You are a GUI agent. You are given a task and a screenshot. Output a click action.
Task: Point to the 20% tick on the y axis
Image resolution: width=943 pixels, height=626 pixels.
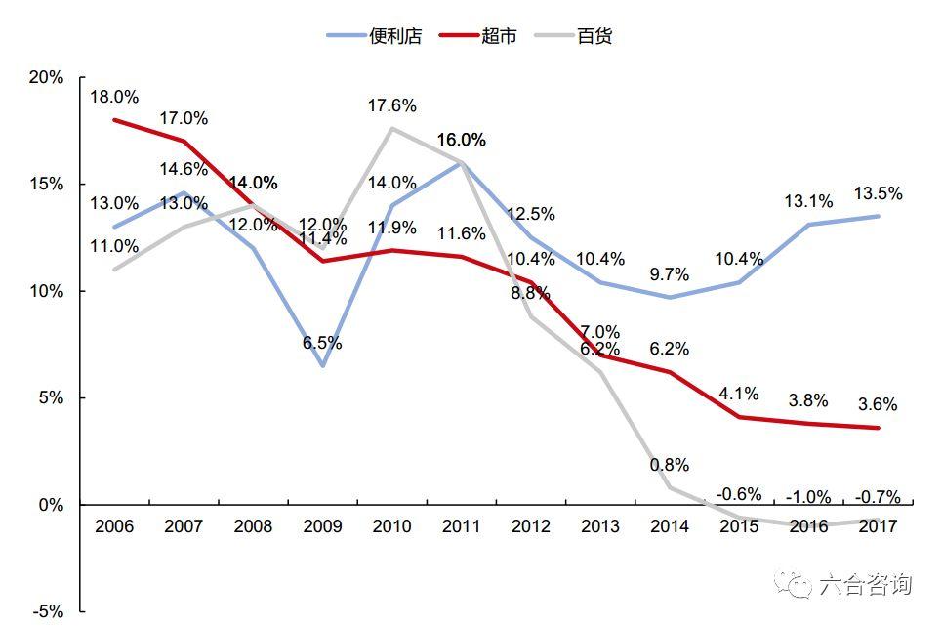coord(46,77)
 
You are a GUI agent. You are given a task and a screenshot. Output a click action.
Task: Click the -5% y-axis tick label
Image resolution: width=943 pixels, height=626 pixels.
coord(46,612)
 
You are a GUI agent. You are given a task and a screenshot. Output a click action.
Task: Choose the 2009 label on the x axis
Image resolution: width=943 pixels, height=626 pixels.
coord(322,526)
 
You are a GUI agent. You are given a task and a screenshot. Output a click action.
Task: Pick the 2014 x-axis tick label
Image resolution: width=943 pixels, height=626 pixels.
coord(669,526)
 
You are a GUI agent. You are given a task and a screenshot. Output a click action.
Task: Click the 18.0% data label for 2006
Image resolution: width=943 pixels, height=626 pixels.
coord(114,97)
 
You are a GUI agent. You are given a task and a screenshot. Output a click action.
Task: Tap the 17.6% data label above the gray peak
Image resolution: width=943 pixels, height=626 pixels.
coord(392,105)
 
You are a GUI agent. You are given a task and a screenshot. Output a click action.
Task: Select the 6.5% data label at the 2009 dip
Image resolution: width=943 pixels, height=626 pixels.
coord(322,343)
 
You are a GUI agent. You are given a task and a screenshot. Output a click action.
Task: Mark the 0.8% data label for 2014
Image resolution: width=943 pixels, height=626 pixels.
coord(669,464)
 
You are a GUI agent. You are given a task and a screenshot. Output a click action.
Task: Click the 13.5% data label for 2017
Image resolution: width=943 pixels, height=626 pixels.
coord(878,193)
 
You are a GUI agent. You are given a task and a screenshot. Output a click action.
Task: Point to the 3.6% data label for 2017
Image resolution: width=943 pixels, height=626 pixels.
coord(878,404)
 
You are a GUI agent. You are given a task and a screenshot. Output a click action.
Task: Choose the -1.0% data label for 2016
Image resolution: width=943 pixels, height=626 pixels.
coord(808,496)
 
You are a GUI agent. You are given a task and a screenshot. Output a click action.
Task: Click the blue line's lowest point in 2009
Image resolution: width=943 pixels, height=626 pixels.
coord(322,366)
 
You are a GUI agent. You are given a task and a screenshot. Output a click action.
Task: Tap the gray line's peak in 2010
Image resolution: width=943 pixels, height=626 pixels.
coord(392,128)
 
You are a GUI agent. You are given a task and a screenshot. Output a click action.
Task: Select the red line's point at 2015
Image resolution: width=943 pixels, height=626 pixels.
coord(739,417)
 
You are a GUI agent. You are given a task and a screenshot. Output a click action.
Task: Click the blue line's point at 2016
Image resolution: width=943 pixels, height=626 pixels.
coord(808,225)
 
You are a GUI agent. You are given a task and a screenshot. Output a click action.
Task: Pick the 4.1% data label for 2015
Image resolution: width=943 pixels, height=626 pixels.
coord(739,395)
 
